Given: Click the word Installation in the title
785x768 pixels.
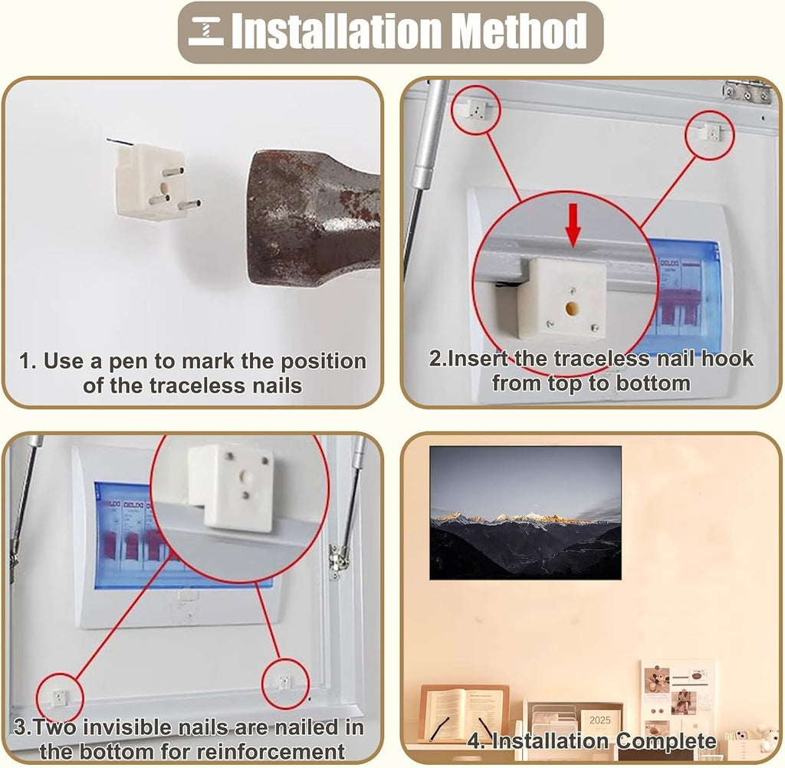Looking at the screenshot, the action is pos(337,31).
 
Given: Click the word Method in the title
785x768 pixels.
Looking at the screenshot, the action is pos(519,31).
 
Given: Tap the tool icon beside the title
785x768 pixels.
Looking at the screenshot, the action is pos(205,31).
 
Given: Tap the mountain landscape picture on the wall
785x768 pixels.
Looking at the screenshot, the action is pos(526,513).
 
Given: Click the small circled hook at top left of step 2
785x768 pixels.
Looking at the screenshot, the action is pos(476,109).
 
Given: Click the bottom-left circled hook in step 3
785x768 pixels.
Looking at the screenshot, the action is pos(60,697).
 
